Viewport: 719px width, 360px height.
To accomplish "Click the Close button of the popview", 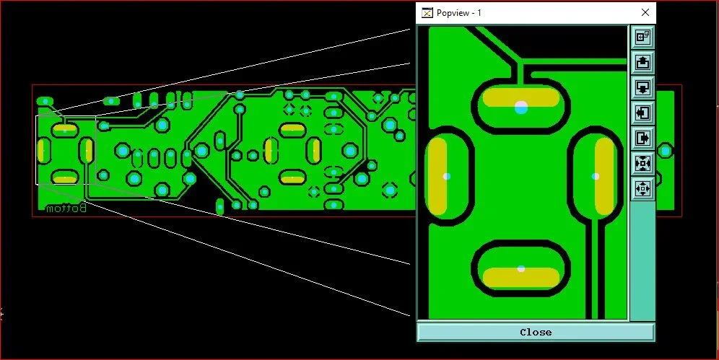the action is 536,332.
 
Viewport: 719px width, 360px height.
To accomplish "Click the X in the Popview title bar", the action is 645,12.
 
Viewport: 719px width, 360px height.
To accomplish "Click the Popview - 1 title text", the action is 458,13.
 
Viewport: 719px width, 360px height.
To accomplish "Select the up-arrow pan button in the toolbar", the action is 643,62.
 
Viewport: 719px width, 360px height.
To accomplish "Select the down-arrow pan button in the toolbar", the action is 643,87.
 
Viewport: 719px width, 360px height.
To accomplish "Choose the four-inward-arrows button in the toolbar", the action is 643,163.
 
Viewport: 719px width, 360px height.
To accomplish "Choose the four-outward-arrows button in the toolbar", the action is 643,188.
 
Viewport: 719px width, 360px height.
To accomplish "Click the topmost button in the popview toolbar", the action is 643,37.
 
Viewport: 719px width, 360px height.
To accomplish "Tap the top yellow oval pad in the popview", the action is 521,97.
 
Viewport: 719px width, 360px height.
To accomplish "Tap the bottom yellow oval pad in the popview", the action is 521,278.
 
